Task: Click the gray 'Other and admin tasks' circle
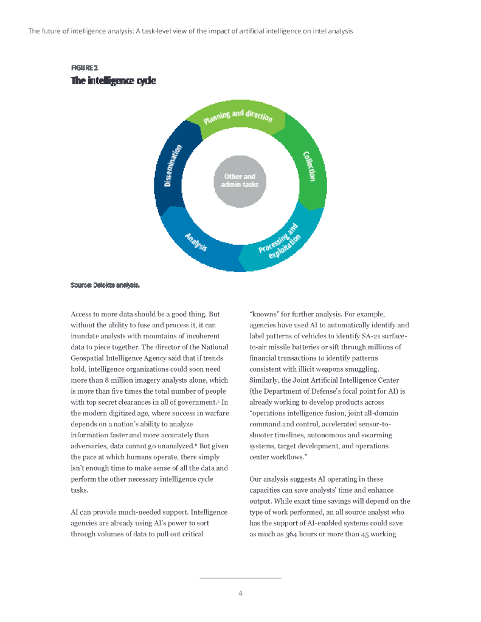[240, 180]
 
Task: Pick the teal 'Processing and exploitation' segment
[279, 242]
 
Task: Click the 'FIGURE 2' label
[84, 67]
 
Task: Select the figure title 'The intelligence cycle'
[113, 80]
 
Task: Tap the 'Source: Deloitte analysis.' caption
[105, 284]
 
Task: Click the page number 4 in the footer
[240, 593]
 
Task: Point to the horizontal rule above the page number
[240, 578]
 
